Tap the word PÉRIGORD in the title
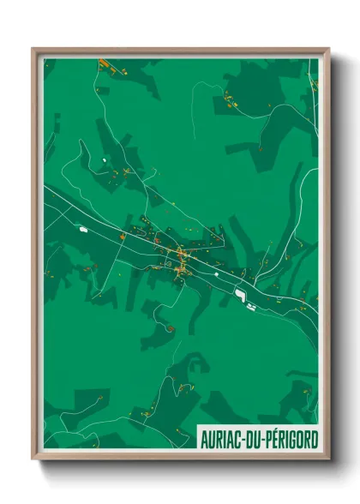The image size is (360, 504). [290, 440]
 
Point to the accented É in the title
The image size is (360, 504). [273, 440]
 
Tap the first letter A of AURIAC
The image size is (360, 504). [204, 440]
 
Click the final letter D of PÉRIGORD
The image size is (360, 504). [314, 440]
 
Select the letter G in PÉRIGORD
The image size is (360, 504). [291, 440]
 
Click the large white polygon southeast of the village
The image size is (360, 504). [240, 296]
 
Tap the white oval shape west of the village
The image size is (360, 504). [84, 229]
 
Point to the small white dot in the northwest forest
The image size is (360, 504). [105, 159]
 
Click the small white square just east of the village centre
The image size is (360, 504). [217, 273]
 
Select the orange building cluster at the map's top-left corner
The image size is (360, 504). [105, 64]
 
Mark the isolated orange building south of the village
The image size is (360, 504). [171, 327]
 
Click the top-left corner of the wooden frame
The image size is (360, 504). [33, 49]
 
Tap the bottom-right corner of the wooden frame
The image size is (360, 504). [328, 459]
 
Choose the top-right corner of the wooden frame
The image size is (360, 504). [328, 49]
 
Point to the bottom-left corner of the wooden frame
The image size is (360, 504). [33, 459]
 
